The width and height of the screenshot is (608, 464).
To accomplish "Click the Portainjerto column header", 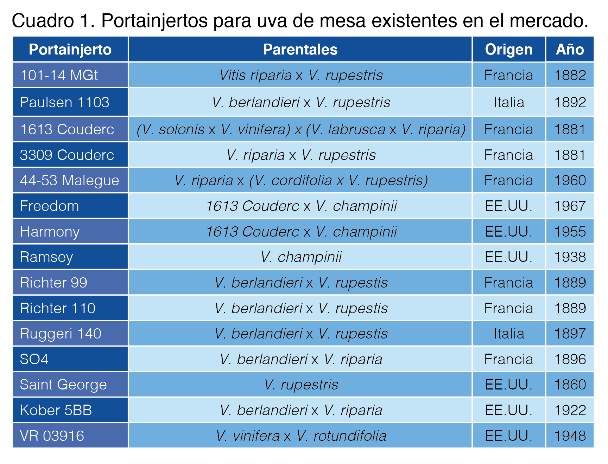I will (x=70, y=50).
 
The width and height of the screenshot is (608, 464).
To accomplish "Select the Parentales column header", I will (x=300, y=50).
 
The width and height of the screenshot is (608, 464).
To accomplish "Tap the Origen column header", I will (x=508, y=50).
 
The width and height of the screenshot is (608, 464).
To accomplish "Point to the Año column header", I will (x=570, y=50).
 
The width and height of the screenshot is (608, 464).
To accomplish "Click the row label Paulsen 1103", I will (x=65, y=102).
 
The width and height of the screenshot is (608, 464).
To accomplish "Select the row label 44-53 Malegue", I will (x=70, y=180).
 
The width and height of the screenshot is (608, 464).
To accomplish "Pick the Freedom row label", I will (x=50, y=206).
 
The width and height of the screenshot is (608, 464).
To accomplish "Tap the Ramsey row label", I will (x=46, y=257).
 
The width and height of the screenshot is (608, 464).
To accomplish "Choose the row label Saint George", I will (x=63, y=385).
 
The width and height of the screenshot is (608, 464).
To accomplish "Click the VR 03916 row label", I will (x=52, y=436).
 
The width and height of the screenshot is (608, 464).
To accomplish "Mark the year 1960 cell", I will (x=570, y=180).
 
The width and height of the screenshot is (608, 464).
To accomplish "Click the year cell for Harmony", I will (x=570, y=232).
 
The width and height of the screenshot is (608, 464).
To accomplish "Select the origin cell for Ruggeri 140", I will (x=508, y=334).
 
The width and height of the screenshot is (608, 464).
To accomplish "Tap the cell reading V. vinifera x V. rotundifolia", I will (x=301, y=436).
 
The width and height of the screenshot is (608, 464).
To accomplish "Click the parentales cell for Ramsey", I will (x=301, y=257).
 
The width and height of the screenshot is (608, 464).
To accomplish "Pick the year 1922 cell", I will (x=570, y=410).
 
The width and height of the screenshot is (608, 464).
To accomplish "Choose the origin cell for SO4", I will (x=508, y=359).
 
